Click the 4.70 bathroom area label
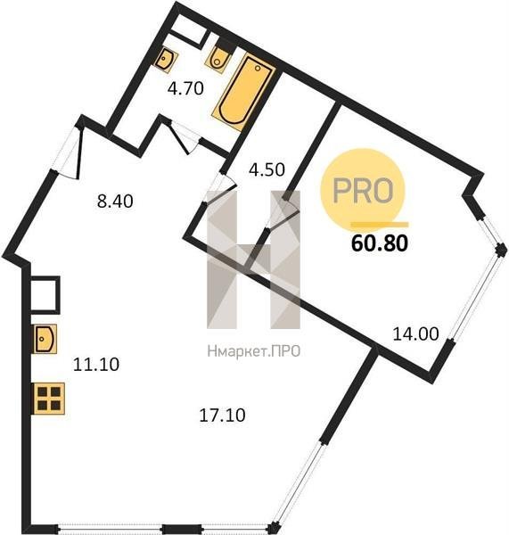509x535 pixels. (185, 88)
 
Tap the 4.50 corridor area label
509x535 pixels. (267, 169)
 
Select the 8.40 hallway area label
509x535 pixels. (115, 202)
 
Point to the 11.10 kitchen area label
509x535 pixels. (96, 365)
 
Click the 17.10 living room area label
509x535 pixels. (222, 416)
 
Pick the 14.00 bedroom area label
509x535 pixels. (416, 333)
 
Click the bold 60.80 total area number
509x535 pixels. (380, 243)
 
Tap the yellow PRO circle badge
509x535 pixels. (362, 191)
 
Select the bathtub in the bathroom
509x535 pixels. (243, 92)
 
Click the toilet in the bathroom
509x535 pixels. (218, 59)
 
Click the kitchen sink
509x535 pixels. (45, 339)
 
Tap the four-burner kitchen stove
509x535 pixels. (49, 399)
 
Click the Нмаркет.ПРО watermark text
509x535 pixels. (254, 351)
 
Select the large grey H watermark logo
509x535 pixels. (254, 259)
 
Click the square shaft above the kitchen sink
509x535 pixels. (45, 295)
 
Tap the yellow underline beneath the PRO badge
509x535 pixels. (380, 224)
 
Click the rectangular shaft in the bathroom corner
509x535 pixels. (187, 30)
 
